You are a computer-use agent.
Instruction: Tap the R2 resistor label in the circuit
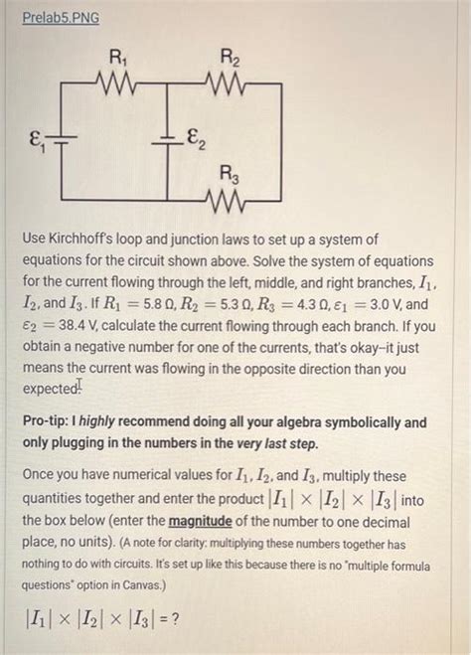[228, 57]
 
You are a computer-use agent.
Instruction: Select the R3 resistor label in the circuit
[229, 179]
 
